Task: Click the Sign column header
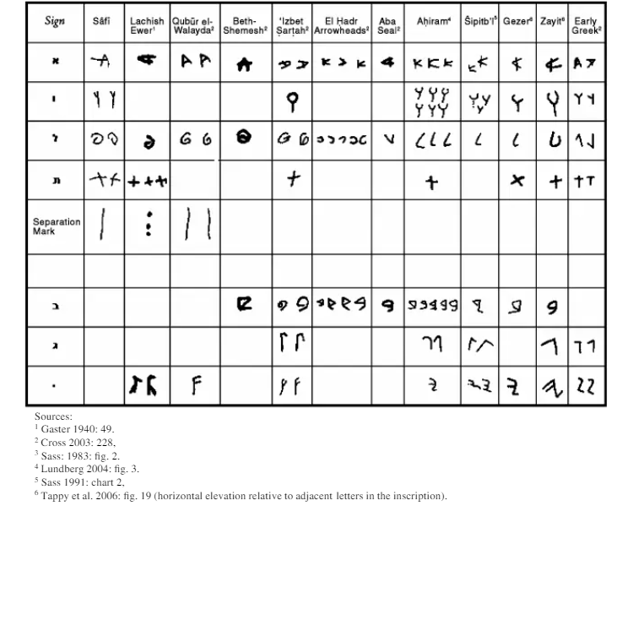[x=55, y=22]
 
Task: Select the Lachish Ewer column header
[x=146, y=24]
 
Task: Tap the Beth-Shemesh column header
[x=245, y=24]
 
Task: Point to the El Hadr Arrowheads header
[x=341, y=24]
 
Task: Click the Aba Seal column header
[x=388, y=24]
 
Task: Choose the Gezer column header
[x=517, y=21]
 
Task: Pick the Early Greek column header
[x=586, y=24]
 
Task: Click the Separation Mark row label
[x=57, y=226]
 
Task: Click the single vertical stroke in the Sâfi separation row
[x=102, y=225]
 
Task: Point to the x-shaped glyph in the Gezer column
[x=517, y=181]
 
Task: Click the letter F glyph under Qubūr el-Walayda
[x=195, y=386]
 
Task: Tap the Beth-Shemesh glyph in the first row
[x=245, y=63]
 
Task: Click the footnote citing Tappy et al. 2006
[x=240, y=495]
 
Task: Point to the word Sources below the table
[x=53, y=416]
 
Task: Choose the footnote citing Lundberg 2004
[x=87, y=468]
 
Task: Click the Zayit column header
[x=552, y=21]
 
